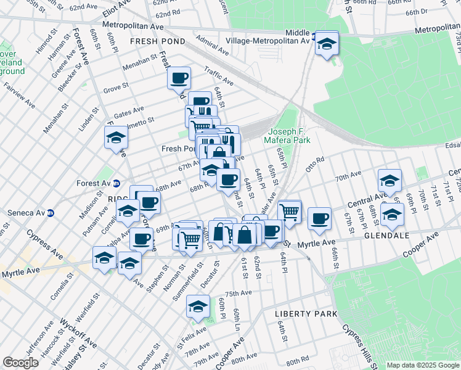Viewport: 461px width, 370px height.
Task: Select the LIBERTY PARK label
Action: [x=306, y=314]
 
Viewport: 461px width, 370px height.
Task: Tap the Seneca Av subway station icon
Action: [x=52, y=213]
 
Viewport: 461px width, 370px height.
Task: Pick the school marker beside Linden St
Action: [x=115, y=139]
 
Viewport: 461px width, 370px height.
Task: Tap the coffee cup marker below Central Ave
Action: [x=319, y=219]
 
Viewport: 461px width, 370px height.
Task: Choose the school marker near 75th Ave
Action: [x=198, y=305]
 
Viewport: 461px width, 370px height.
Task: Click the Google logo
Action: [x=20, y=363]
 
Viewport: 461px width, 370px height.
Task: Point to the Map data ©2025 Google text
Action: [x=422, y=365]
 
